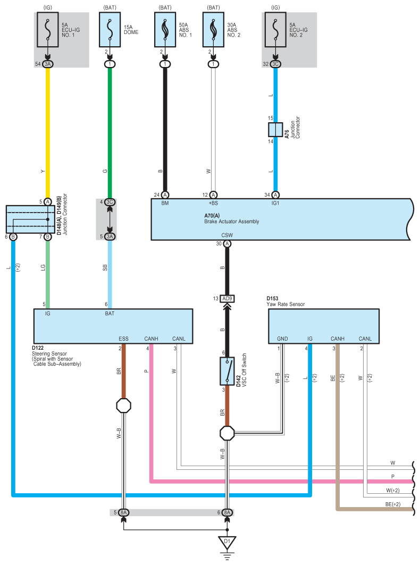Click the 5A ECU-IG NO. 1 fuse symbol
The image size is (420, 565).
click(48, 30)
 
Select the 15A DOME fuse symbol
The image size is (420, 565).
click(110, 30)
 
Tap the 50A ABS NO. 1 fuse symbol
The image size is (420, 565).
click(165, 30)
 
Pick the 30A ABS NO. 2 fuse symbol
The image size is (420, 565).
click(213, 30)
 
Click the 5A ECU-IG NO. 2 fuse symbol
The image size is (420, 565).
click(275, 30)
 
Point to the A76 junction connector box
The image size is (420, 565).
click(275, 130)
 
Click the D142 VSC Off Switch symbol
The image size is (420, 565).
click(227, 371)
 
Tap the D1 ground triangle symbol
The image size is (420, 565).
click(227, 543)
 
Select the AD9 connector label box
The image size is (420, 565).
click(227, 299)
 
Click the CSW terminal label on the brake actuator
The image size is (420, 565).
click(227, 235)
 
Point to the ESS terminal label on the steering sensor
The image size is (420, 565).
click(123, 339)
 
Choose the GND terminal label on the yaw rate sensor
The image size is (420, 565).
click(282, 339)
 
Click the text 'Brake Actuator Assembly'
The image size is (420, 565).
click(231, 222)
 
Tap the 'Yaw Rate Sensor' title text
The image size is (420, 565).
click(285, 304)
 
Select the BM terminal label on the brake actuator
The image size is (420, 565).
click(165, 203)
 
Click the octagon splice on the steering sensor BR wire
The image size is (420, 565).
click(124, 406)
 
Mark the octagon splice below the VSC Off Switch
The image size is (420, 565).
click(227, 433)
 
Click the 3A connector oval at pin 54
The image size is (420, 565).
click(48, 64)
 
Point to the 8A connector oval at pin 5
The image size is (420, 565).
click(124, 512)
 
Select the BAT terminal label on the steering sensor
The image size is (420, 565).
click(110, 314)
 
